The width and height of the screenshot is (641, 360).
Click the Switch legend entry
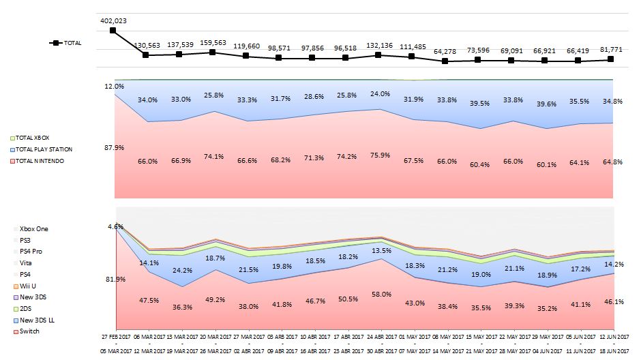(x=29, y=331)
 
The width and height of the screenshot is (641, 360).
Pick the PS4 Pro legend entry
(x=31, y=252)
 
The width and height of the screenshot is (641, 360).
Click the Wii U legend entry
(x=29, y=286)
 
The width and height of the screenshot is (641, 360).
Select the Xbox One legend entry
(x=33, y=228)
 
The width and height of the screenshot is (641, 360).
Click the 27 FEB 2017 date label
(x=114, y=337)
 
